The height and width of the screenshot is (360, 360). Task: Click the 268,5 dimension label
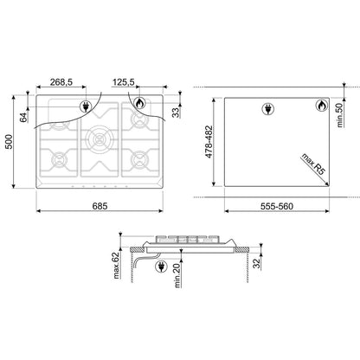tap(61, 82)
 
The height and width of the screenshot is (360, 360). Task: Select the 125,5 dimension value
tap(123, 82)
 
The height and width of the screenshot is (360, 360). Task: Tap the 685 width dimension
tap(100, 206)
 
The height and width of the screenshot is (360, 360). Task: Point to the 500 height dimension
tap(10, 142)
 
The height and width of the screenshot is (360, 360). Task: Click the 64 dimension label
tap(23, 118)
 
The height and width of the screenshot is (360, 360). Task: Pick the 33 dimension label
tap(176, 112)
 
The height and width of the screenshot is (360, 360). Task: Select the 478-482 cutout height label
tap(209, 142)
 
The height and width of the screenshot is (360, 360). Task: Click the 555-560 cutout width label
tap(277, 206)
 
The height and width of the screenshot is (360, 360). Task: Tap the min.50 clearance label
tap(340, 115)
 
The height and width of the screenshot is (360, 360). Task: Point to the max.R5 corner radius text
tap(313, 164)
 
